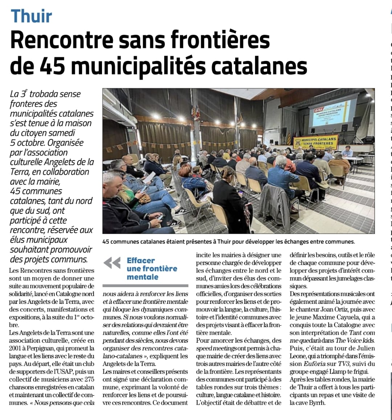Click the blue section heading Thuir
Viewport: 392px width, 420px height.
coord(32,16)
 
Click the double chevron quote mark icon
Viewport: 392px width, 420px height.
coord(112,263)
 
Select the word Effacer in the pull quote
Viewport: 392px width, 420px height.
coord(141,261)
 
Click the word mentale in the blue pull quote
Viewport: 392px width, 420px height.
coord(143,277)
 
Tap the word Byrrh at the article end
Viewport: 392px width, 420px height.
coord(318,403)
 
